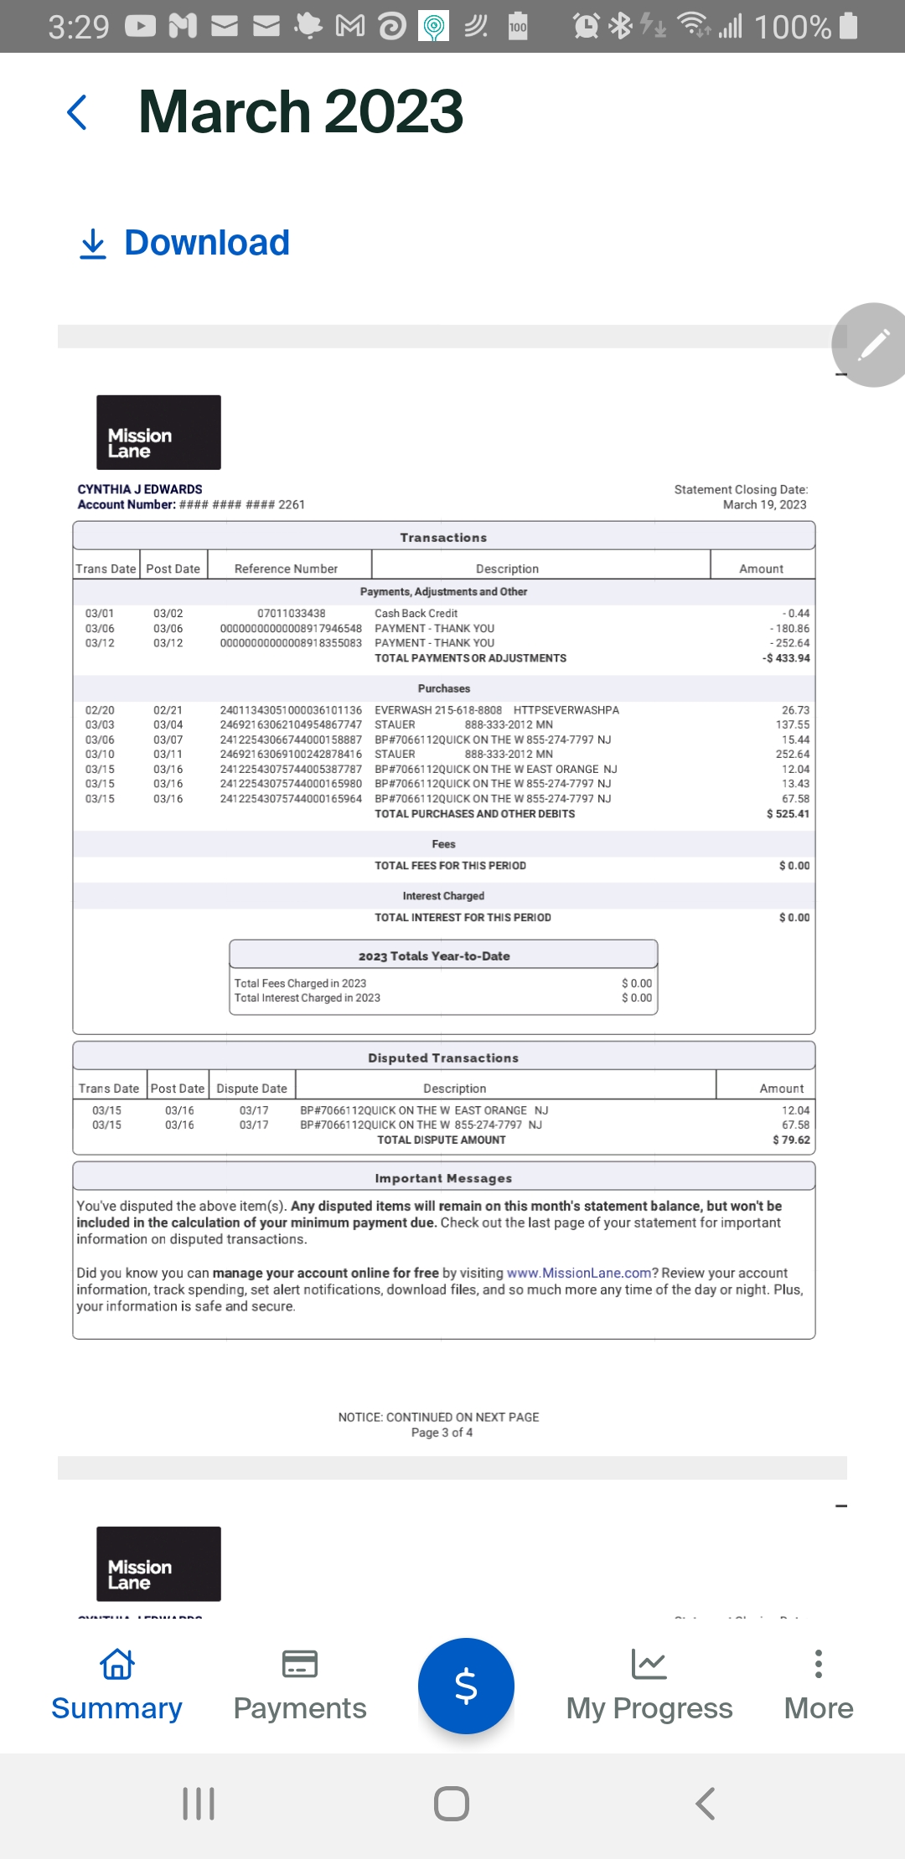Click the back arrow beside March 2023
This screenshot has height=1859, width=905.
77,112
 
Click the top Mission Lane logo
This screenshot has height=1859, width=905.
158,432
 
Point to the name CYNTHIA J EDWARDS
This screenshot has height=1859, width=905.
140,489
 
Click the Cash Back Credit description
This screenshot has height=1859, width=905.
416,614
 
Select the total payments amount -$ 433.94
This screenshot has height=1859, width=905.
786,658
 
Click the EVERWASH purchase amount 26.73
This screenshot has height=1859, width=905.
795,710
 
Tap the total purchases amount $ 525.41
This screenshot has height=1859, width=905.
788,814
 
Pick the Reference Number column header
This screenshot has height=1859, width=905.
286,569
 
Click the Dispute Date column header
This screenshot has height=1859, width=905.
251,1089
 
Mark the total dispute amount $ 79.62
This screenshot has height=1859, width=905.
791,1140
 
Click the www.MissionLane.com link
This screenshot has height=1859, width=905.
579,1273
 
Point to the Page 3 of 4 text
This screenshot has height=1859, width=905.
442,1433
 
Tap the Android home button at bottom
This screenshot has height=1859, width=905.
452,1803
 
